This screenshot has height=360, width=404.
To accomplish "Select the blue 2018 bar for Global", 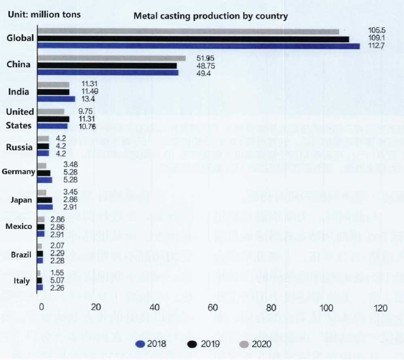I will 198,46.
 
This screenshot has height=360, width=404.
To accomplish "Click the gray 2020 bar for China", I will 111,59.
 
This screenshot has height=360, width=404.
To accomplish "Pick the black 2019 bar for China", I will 107,66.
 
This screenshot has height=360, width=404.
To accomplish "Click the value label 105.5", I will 377,30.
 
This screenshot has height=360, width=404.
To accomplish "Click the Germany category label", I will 19,172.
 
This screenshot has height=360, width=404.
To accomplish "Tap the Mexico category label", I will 19,226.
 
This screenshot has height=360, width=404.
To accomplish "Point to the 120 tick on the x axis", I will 380,308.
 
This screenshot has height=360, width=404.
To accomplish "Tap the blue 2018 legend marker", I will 141,344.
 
